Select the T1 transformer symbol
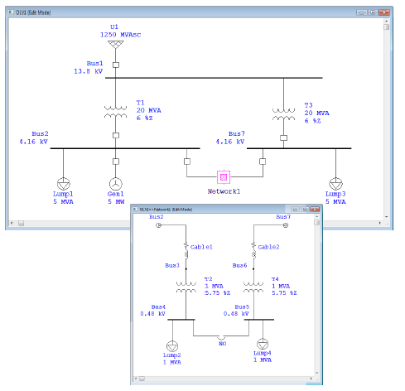tap(115, 112)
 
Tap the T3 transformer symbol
tap(283, 112)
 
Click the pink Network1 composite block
tap(223, 176)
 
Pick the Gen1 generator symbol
tap(115, 183)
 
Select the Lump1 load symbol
tap(64, 183)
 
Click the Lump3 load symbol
tap(335, 183)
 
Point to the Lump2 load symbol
tap(171, 346)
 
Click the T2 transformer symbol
tap(186, 289)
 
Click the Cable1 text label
tap(201, 247)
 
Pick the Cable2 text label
tap(269, 247)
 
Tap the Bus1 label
tap(94, 63)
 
